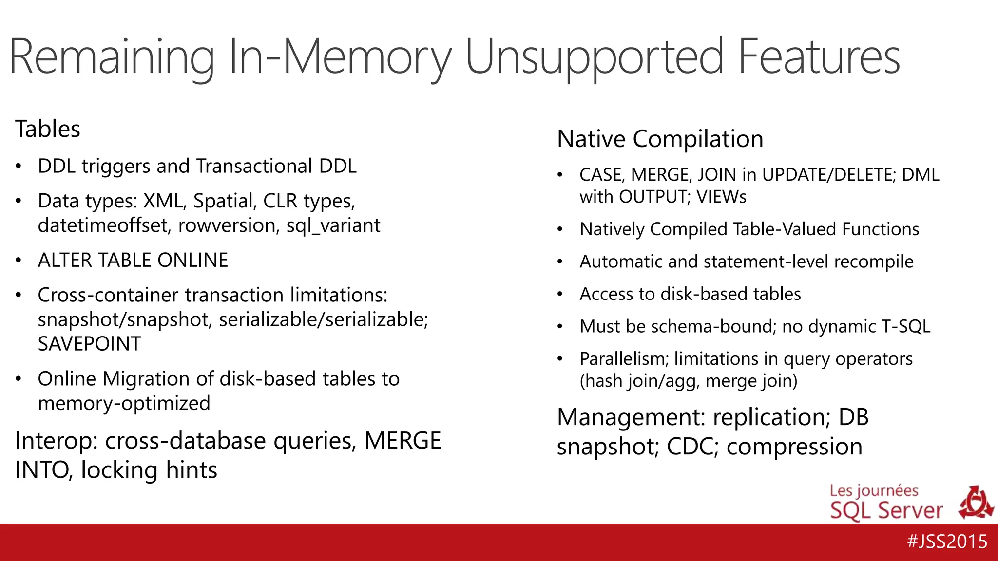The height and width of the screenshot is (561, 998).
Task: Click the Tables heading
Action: click(x=48, y=129)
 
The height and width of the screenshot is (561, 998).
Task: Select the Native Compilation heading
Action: click(x=660, y=139)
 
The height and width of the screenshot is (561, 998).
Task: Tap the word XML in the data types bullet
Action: click(x=164, y=201)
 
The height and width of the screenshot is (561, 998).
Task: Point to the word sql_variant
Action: click(x=333, y=225)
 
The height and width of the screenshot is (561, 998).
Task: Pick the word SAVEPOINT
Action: click(x=89, y=344)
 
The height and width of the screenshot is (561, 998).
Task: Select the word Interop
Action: click(x=57, y=441)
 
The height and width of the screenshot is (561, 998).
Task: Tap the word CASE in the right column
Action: click(x=600, y=175)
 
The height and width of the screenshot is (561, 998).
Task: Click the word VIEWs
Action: click(x=721, y=197)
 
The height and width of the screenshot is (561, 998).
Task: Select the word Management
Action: click(x=631, y=417)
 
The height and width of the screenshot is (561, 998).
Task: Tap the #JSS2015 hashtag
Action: click(x=947, y=542)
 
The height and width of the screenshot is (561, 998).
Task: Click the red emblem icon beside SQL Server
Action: click(x=976, y=503)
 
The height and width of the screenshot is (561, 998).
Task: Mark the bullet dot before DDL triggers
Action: click(x=19, y=167)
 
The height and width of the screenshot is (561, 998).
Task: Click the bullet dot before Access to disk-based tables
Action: click(x=560, y=294)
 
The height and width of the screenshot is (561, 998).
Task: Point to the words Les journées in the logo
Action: click(x=874, y=490)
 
